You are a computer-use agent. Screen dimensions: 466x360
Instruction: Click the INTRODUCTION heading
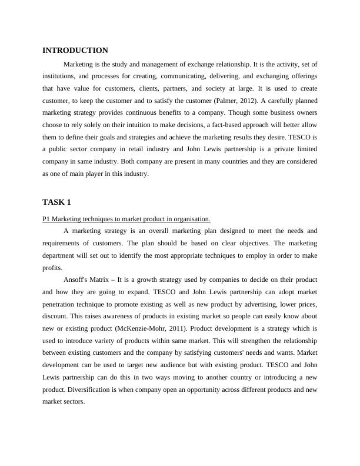click(75, 51)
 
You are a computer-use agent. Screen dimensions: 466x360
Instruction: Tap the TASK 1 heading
click(56, 202)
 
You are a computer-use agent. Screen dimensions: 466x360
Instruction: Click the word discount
click(55, 315)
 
